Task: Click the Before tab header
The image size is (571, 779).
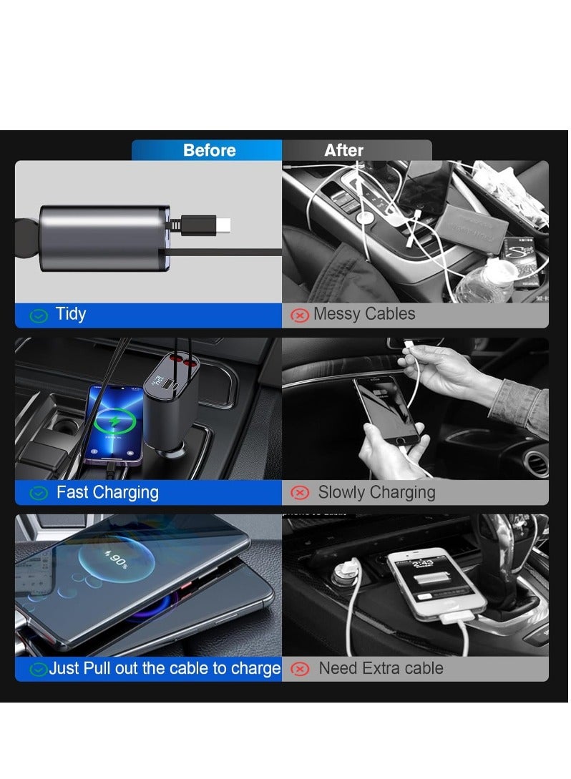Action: click(209, 150)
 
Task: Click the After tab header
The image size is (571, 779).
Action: click(343, 150)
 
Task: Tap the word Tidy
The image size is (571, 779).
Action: click(71, 314)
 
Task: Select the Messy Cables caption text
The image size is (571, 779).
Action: click(363, 314)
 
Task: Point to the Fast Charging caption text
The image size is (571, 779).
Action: click(107, 492)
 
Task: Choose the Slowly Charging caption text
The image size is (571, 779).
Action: click(376, 492)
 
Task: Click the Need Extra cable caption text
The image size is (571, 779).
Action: click(381, 668)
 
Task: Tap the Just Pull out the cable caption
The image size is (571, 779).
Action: click(165, 669)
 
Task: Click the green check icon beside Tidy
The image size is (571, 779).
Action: click(39, 315)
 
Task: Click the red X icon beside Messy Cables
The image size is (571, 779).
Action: click(299, 315)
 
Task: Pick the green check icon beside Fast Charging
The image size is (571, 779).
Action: click(39, 493)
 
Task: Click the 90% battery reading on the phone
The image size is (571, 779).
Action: click(114, 557)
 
